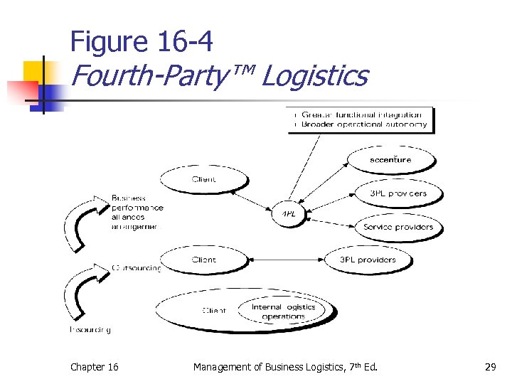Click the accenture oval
click(x=390, y=160)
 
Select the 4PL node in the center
click(x=288, y=213)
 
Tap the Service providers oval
click(x=398, y=228)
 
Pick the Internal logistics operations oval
click(x=284, y=311)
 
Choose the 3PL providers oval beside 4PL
click(x=398, y=193)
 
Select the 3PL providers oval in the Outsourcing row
click(x=367, y=260)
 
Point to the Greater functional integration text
click(x=361, y=114)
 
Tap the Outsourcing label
click(x=136, y=268)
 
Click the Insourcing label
click(x=90, y=329)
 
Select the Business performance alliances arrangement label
click(x=137, y=212)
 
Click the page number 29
click(x=490, y=367)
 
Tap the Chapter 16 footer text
click(x=95, y=367)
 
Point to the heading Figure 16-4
click(x=142, y=43)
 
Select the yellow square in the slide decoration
click(x=36, y=73)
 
